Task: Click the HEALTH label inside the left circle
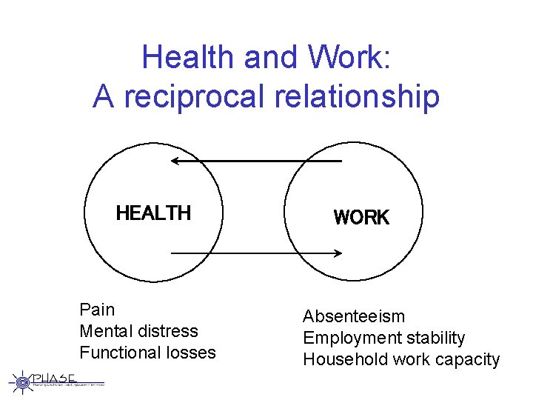pos(153,213)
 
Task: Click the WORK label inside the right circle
pos(361,217)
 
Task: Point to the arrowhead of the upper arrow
pos(174,160)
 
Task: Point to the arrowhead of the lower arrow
pos(338,253)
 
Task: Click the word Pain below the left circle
pos(97,309)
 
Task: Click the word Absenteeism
pos(354,316)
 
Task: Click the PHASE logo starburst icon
pos(22,381)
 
